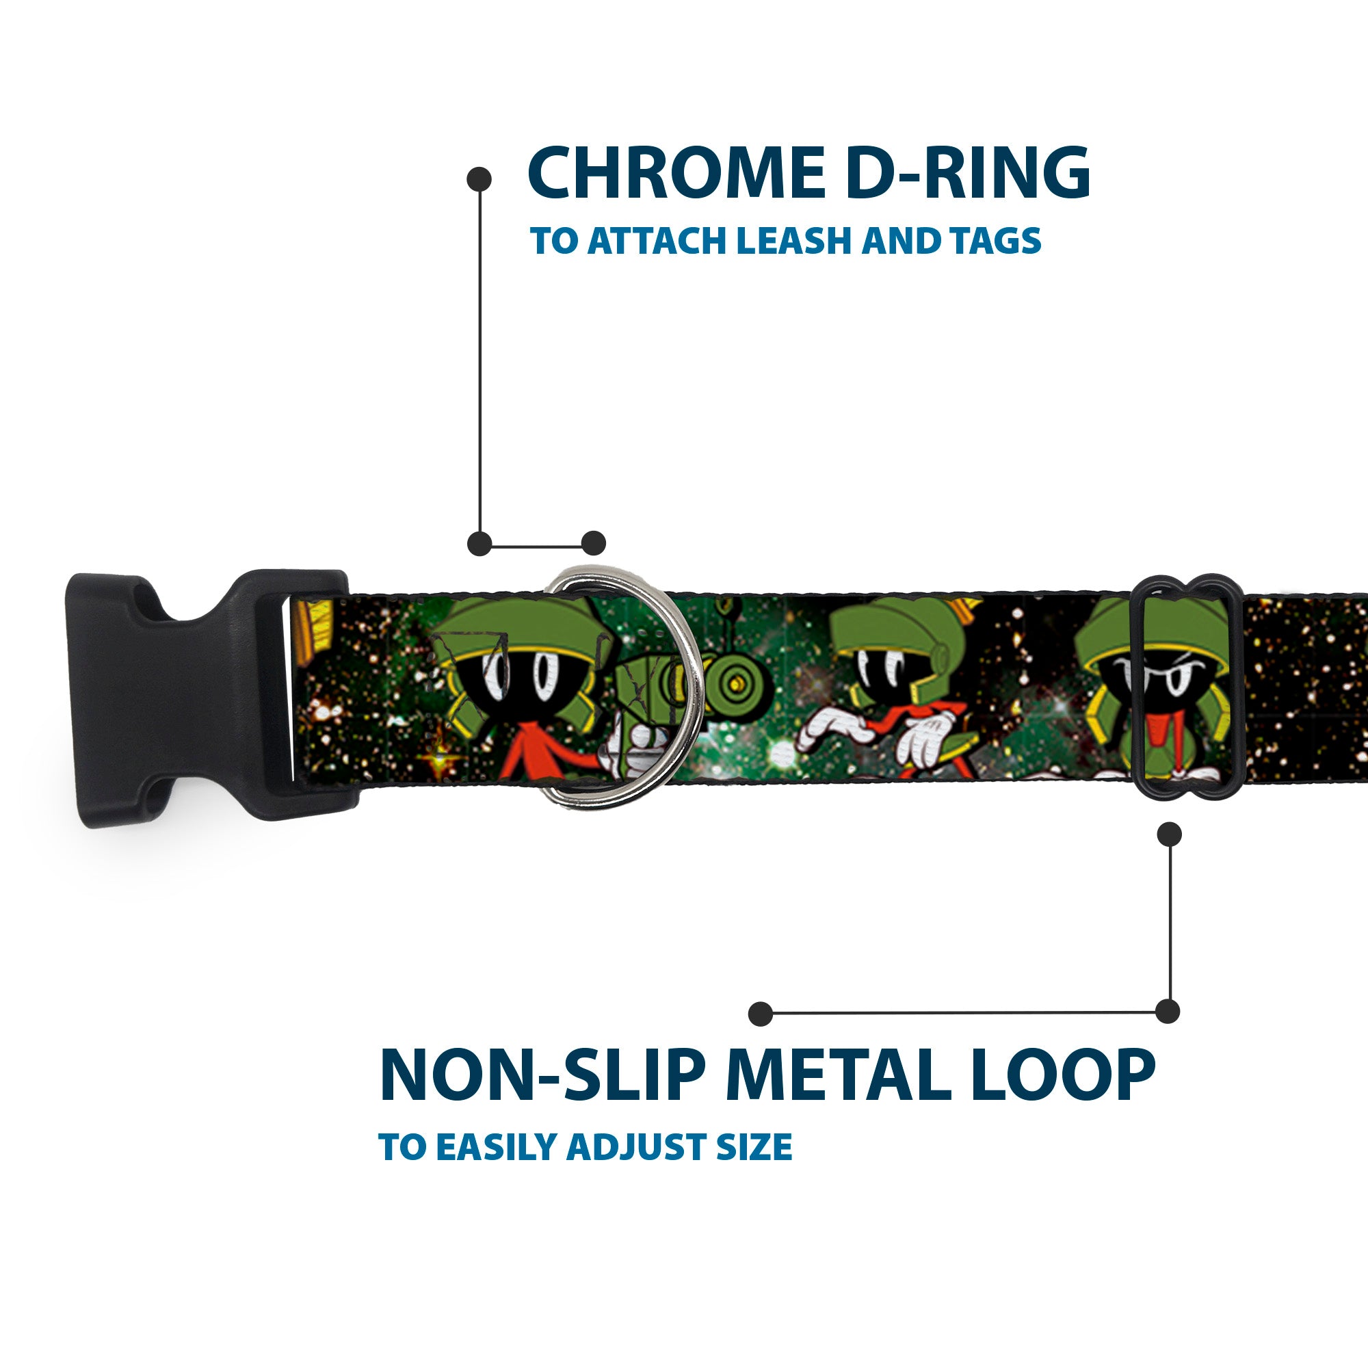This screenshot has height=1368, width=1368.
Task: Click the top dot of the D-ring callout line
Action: click(x=479, y=179)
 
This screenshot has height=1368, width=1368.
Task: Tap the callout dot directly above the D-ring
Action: click(x=593, y=544)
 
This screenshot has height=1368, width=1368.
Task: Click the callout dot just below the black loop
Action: click(x=1169, y=834)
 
